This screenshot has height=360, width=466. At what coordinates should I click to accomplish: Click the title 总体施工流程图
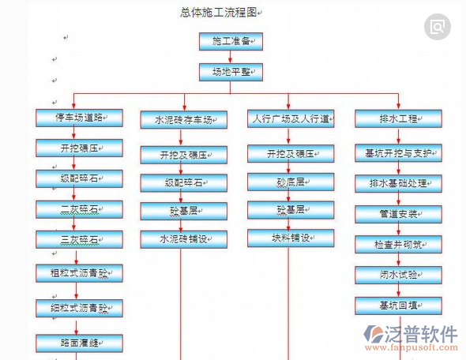coord(219,13)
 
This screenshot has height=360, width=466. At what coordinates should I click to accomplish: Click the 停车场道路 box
coord(79,118)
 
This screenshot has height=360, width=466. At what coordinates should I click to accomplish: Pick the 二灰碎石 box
coord(79,209)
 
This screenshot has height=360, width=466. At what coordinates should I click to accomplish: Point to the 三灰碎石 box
coord(79,239)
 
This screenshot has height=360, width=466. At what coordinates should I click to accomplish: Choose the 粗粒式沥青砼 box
coord(79,274)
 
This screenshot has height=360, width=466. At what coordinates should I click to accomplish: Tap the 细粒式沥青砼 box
coord(79,308)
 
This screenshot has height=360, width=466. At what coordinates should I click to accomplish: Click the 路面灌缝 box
coord(79,343)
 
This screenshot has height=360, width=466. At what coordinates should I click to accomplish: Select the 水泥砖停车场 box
coord(184,120)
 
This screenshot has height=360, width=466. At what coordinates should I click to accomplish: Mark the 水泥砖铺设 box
coord(184,238)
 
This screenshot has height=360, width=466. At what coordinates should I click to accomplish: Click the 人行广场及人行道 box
coord(290,119)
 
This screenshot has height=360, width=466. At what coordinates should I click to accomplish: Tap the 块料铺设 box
coord(290,238)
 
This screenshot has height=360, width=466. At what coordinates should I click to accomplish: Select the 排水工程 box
coord(397,119)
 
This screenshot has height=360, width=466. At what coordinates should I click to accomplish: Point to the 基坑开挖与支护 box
coord(397,153)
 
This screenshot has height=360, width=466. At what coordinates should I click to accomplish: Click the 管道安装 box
coord(397,213)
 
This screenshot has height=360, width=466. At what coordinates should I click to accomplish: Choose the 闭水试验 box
coord(397,275)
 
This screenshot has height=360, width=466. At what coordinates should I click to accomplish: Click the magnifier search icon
coord(437,27)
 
